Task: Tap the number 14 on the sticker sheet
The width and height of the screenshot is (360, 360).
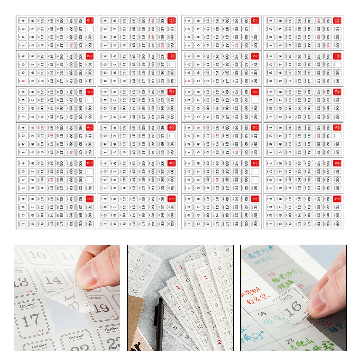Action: pyautogui.click(x=54, y=281)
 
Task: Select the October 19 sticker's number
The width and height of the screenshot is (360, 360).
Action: pyautogui.click(x=102, y=308)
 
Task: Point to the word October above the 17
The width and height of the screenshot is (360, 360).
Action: pyautogui.click(x=28, y=305)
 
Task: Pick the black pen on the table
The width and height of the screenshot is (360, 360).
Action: pyautogui.click(x=160, y=323)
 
